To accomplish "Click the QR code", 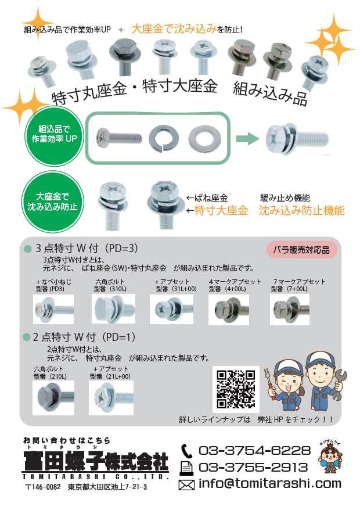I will tap(235, 389).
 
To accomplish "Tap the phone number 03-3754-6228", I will tap(254, 451).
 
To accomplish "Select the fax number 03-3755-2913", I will tap(253, 467).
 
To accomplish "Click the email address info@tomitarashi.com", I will tap(269, 483).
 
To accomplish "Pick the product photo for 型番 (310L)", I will tap(113, 308).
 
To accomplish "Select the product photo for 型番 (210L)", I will tap(53, 397).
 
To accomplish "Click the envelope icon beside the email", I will tap(186, 484).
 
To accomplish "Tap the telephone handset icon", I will tap(186, 451).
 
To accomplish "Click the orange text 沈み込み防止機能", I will tap(301, 211).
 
